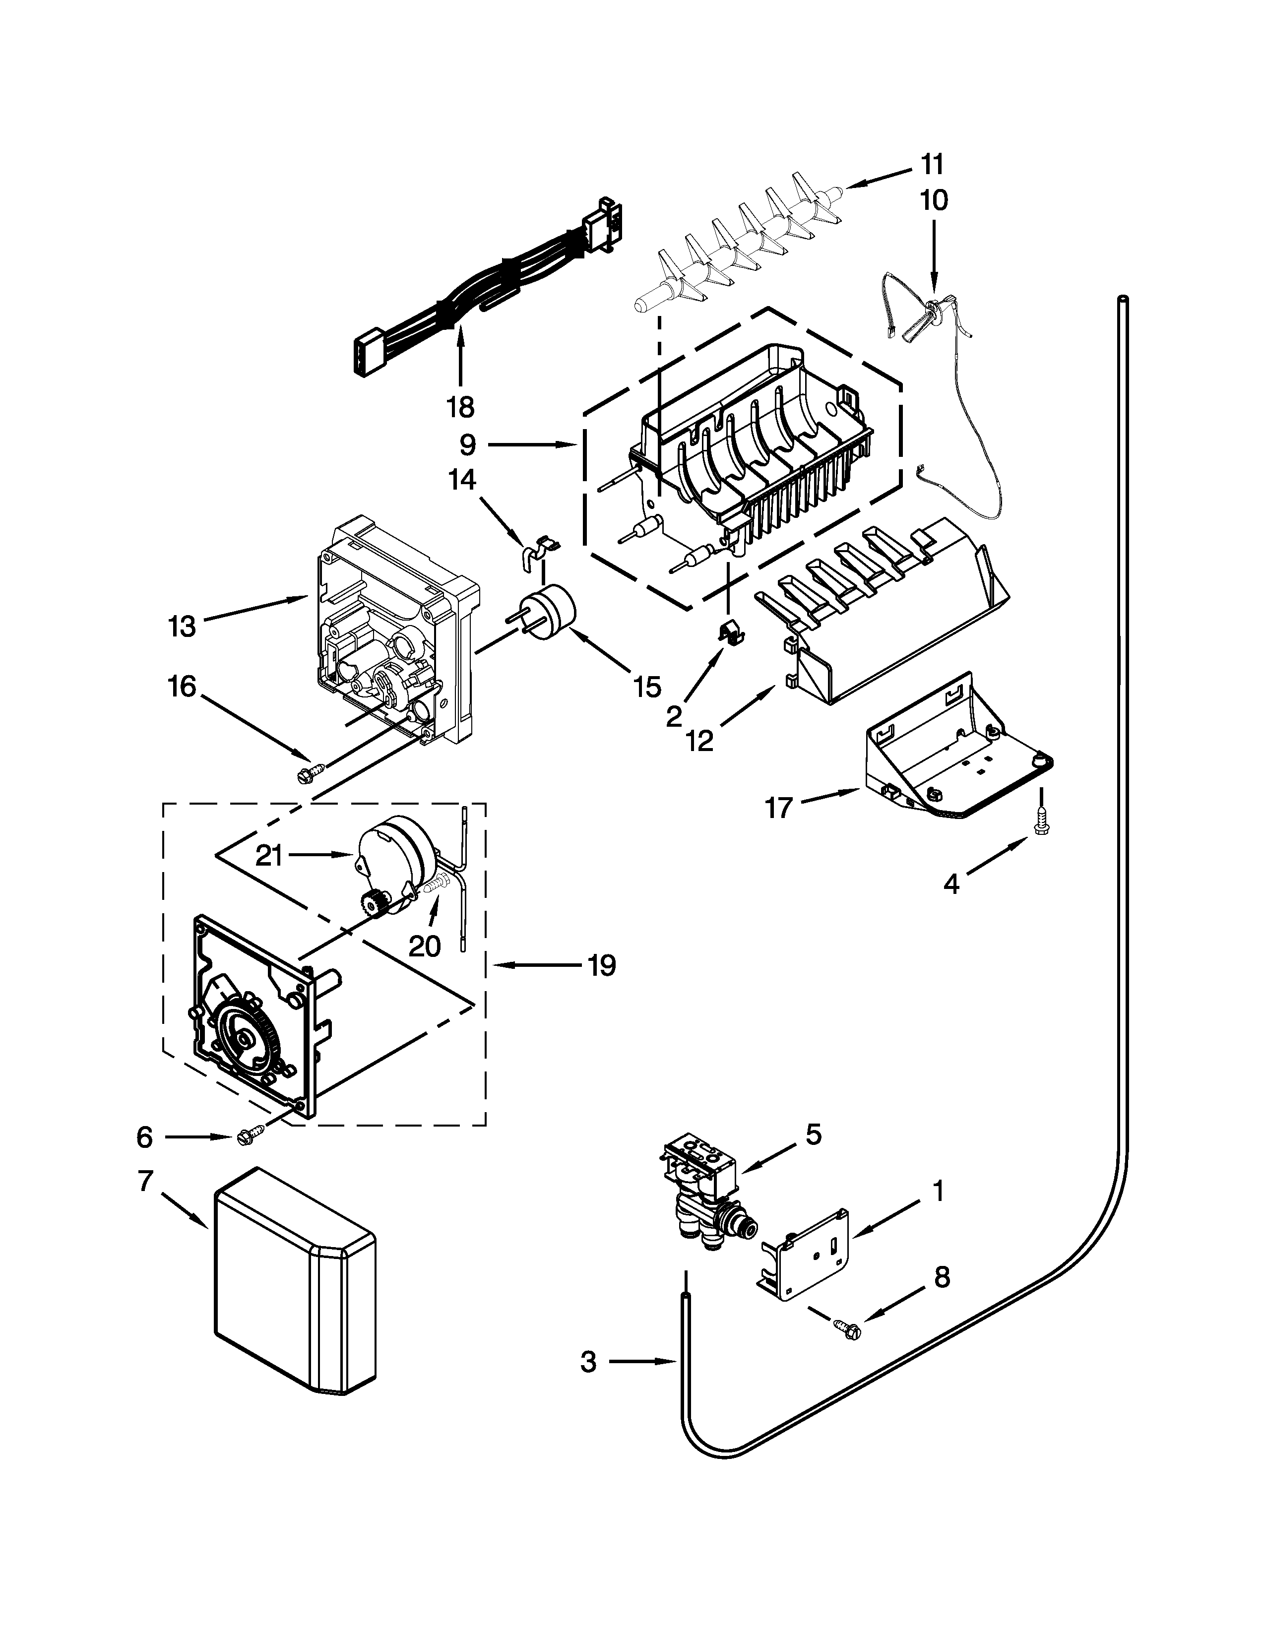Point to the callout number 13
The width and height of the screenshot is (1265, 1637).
click(182, 626)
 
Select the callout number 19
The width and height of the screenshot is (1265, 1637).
click(601, 965)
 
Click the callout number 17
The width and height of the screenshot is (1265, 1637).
click(779, 808)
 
